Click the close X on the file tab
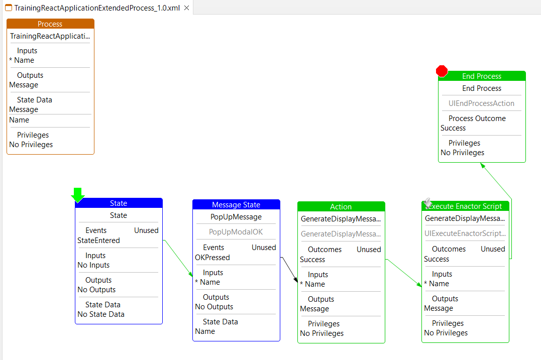point(187,8)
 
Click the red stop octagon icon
point(442,71)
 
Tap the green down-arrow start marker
point(78,195)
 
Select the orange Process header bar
point(50,24)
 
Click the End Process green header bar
point(482,76)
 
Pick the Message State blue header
point(237,204)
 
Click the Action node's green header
point(341,206)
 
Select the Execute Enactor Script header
point(465,206)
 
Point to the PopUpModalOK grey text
point(236,232)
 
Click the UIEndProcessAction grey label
point(481,103)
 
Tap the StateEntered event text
point(98,241)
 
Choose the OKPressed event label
point(212,258)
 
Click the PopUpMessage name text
point(236,217)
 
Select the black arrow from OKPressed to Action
point(289,270)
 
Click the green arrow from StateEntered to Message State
point(178,258)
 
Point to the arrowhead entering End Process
point(483,166)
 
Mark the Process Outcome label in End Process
point(477,118)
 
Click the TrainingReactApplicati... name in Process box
point(50,36)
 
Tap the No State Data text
point(101,314)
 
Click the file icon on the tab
point(9,8)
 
